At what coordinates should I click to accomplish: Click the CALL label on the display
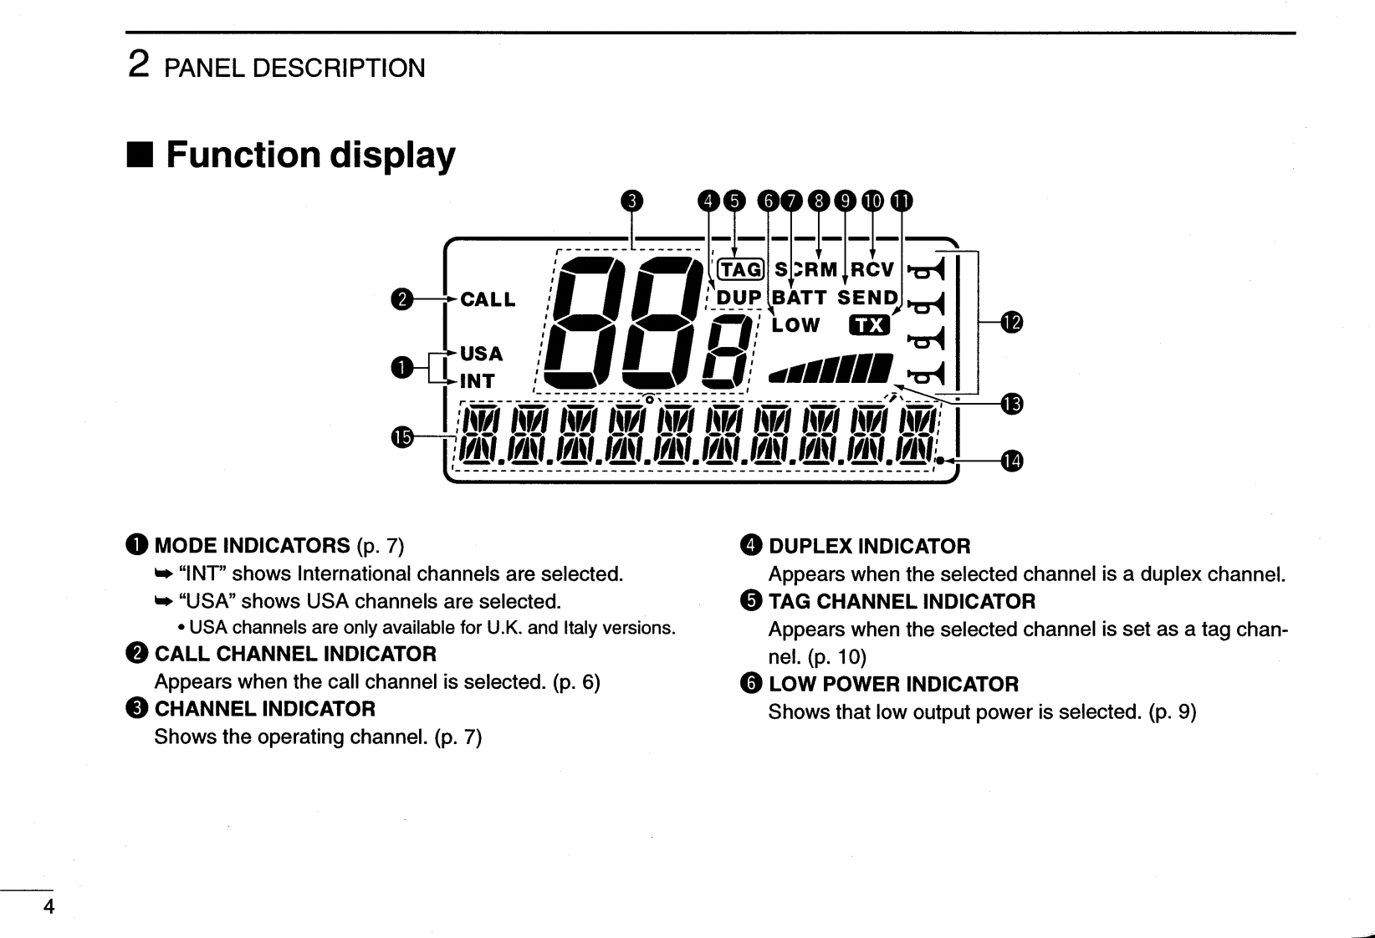point(488,300)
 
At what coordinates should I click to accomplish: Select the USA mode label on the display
point(481,354)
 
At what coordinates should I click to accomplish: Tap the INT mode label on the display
point(478,381)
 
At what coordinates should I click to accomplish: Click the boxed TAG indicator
point(741,269)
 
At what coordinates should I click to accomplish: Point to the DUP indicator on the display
point(739,298)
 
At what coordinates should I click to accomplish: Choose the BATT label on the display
point(800,298)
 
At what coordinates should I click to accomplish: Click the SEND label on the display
point(868,298)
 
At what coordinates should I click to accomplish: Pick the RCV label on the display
point(873,269)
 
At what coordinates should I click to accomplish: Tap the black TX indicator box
point(870,325)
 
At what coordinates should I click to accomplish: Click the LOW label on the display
point(795,325)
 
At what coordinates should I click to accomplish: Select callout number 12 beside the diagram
point(1011,322)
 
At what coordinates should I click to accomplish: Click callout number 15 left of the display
point(402,436)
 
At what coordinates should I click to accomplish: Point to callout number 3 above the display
point(633,201)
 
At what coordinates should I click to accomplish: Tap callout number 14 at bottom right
point(1011,461)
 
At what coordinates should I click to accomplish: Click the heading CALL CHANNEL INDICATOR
point(295,654)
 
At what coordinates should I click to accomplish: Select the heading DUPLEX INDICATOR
point(869,546)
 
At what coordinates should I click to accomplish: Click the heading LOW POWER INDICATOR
point(893,684)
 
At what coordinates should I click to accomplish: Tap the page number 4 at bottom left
point(49,907)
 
